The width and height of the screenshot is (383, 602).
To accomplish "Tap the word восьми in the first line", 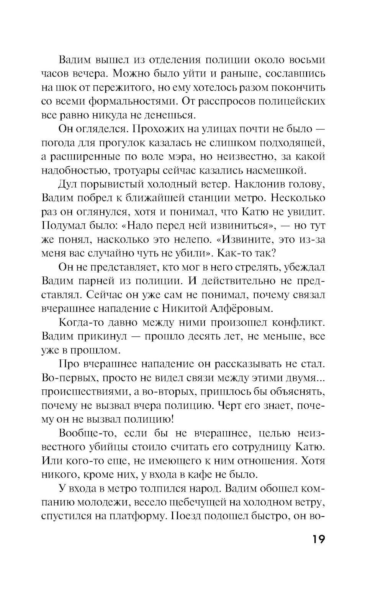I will pyautogui.click(x=307, y=60).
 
